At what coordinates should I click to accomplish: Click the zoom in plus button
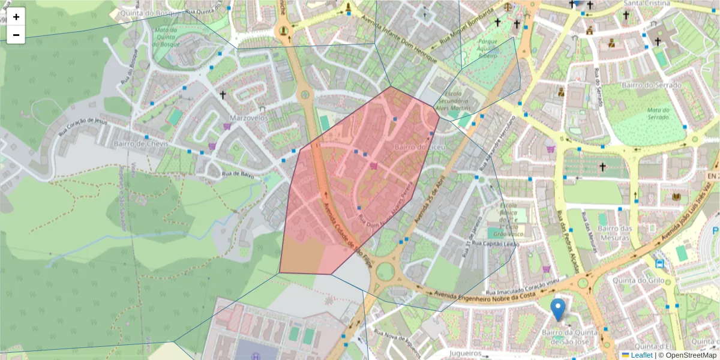pyautogui.click(x=16, y=17)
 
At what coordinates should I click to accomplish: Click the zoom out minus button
pyautogui.click(x=16, y=35)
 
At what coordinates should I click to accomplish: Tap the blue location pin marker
pyautogui.click(x=558, y=309)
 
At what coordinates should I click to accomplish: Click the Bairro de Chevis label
pyautogui.click(x=138, y=144)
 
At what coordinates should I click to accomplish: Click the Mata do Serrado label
pyautogui.click(x=650, y=113)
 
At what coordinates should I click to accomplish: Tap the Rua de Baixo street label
pyautogui.click(x=236, y=174)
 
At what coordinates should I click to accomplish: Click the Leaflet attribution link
pyautogui.click(x=641, y=355)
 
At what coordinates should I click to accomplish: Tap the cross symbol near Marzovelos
pyautogui.click(x=223, y=95)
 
